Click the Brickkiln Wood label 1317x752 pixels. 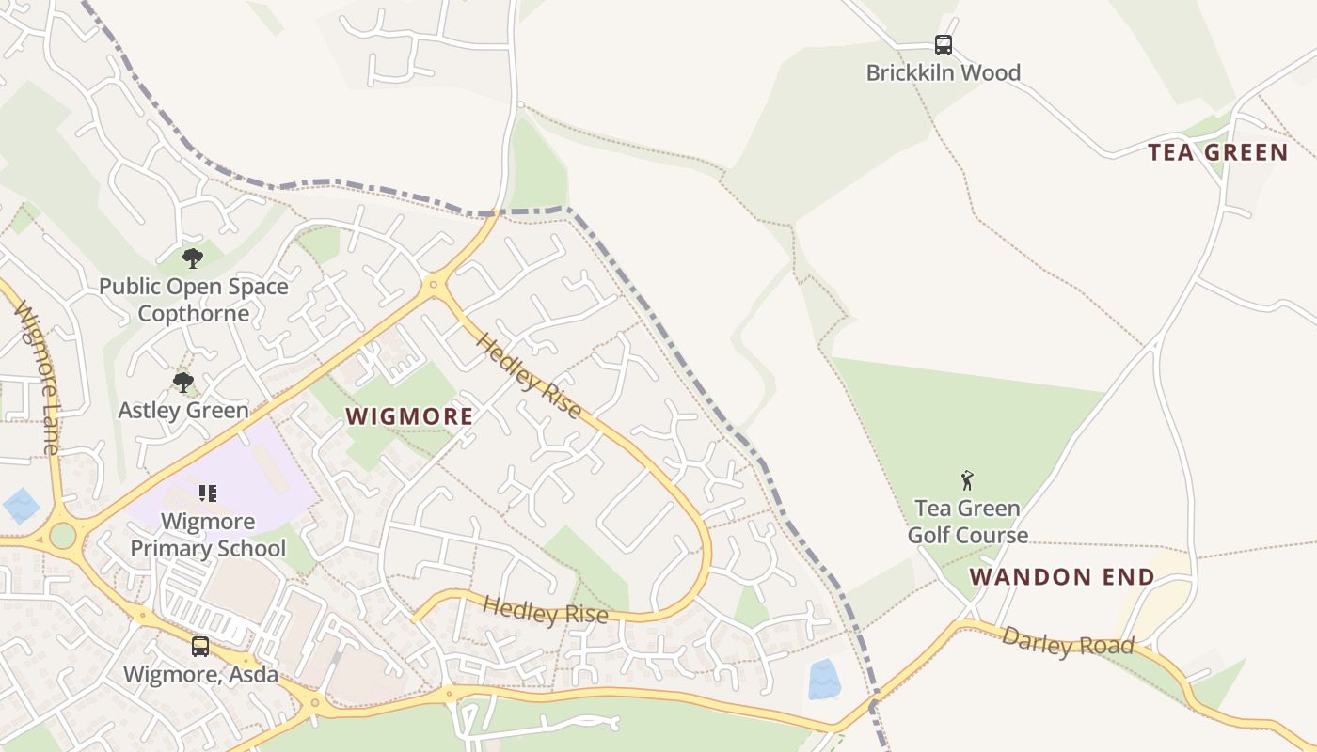point(943,72)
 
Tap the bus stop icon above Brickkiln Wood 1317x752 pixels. point(943,44)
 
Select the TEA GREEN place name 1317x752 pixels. point(1217,152)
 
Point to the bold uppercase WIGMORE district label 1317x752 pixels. point(409,416)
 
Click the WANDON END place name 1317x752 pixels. point(1062,577)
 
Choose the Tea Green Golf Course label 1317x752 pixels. point(967,522)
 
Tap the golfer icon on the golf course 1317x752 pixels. point(967,480)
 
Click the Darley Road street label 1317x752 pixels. point(1068,643)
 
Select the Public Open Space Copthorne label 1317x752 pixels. point(194,300)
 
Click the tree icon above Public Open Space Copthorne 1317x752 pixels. point(193,257)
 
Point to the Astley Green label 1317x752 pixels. point(183,410)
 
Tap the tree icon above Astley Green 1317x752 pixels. point(183,382)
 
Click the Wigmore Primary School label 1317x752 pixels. point(208,535)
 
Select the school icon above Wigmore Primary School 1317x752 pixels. point(208,493)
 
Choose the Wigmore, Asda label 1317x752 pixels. point(201,674)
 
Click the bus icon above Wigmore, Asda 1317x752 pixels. point(200,646)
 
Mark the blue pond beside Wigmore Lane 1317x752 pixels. point(21,506)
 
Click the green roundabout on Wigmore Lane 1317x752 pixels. point(62,536)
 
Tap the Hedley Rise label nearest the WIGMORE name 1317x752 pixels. point(530,376)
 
